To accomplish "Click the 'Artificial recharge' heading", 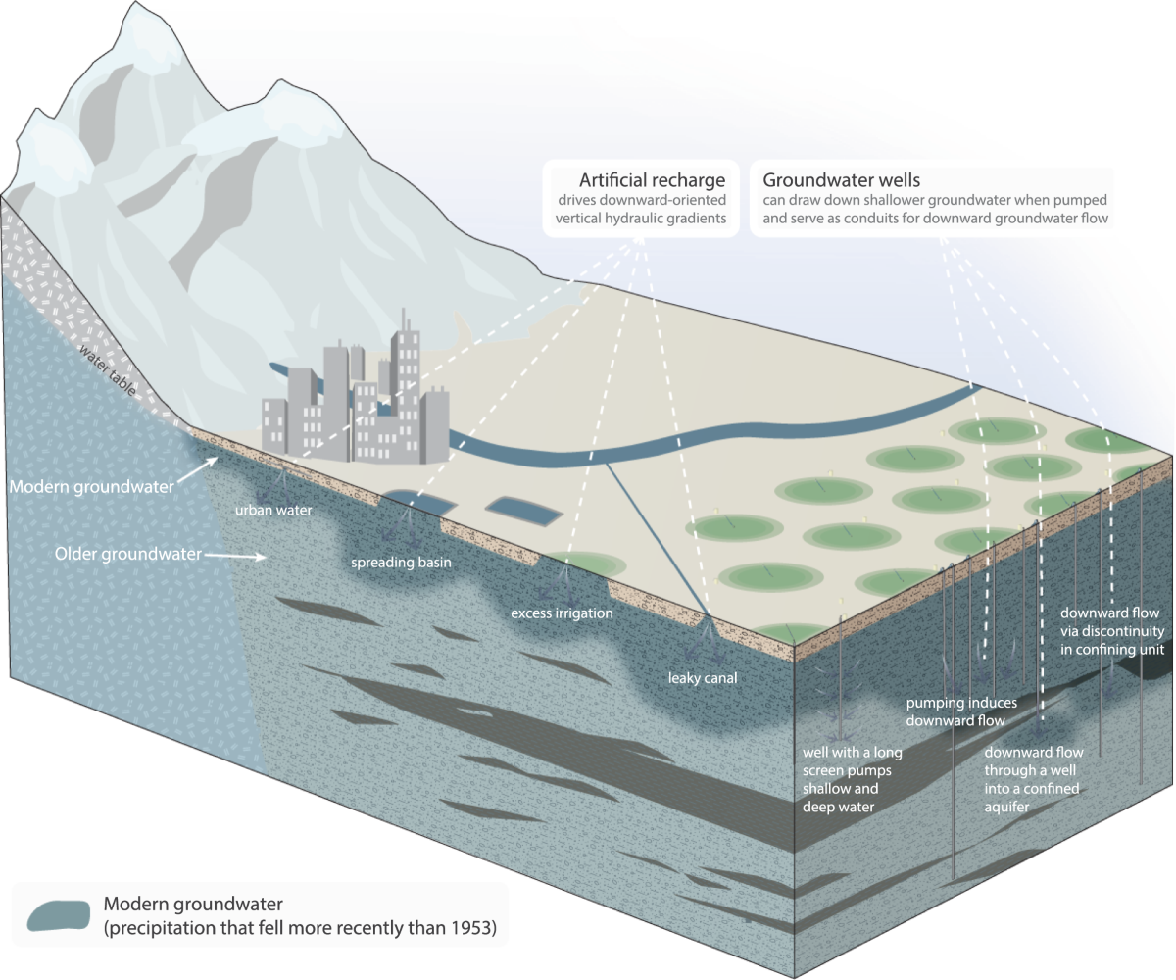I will [652, 180].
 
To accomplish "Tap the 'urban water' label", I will [271, 510].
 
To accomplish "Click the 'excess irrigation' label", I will [562, 613].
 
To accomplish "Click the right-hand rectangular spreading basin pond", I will [524, 509].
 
